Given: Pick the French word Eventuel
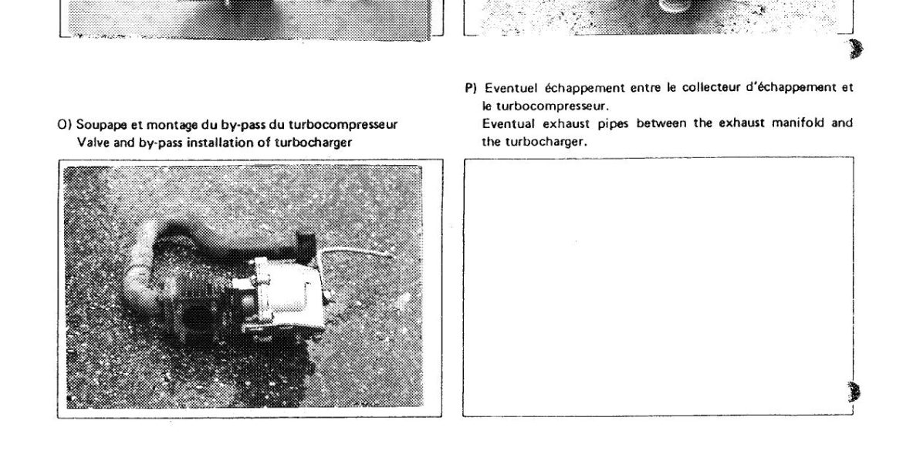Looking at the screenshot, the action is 503,88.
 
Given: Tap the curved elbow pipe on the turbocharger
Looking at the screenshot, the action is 138,271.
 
